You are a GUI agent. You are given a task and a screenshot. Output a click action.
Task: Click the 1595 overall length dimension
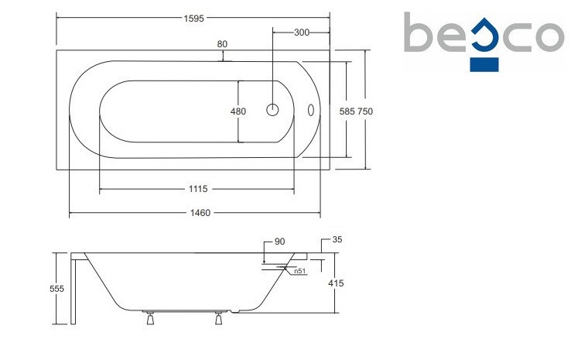(x=193, y=19)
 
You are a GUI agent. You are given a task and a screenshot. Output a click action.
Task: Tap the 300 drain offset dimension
(x=302, y=33)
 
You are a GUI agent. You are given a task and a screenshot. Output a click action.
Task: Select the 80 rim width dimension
(x=222, y=44)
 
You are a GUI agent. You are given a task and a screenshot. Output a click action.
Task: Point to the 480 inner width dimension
(x=238, y=111)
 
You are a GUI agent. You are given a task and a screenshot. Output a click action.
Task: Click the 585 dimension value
(x=347, y=111)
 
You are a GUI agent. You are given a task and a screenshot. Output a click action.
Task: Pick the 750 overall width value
(x=365, y=111)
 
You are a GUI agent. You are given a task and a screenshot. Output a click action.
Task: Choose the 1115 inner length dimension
(x=198, y=189)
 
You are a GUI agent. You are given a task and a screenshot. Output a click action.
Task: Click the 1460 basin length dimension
(x=200, y=212)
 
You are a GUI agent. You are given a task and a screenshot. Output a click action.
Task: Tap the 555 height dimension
(x=56, y=289)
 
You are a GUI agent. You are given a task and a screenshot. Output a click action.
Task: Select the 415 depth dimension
(x=336, y=283)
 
